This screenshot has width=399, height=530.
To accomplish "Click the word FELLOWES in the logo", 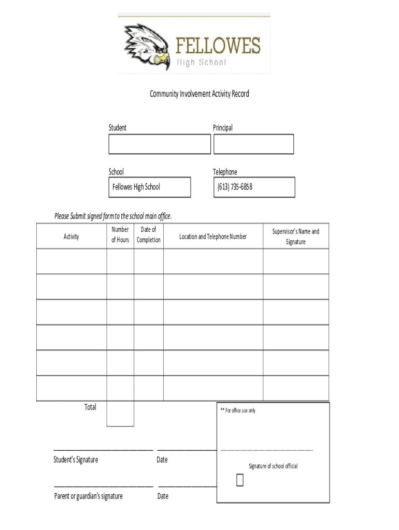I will tap(218, 46).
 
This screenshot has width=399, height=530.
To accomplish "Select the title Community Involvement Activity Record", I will tap(199, 94).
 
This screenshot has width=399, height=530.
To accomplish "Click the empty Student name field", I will tap(160, 144).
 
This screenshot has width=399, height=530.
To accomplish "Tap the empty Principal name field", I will tap(253, 144).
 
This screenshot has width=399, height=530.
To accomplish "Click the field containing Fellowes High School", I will tap(150, 187).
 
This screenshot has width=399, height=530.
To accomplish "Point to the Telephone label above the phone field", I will tap(225, 172).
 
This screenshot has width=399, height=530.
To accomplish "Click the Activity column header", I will tap(72, 237).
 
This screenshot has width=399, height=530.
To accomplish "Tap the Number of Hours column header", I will tap(120, 234).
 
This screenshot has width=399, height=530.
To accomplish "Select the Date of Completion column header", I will tap(149, 234).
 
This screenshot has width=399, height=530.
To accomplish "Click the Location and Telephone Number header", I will tap(213, 237).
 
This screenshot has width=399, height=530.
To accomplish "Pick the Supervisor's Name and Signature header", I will tap(295, 237).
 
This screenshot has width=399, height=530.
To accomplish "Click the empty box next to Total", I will tap(120, 414).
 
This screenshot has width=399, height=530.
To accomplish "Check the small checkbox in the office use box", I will tap(239, 480).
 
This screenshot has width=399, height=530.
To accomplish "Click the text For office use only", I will tap(238, 410).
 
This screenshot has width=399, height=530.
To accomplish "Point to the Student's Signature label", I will tap(76, 460).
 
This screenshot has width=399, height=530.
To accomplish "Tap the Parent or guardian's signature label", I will tap(89, 496).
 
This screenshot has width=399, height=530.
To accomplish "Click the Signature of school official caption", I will tap(273, 466).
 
